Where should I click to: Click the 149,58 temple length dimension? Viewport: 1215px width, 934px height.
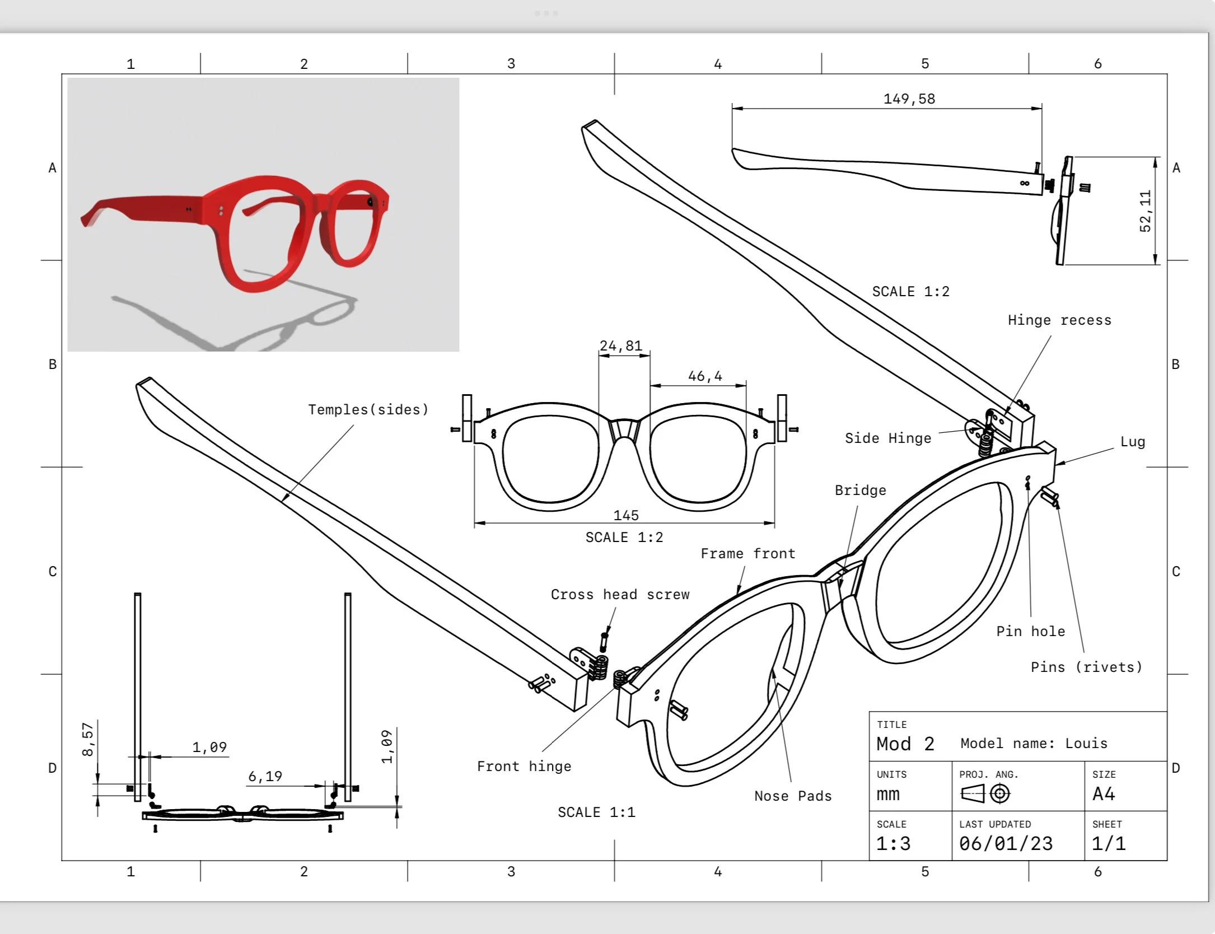click(x=909, y=99)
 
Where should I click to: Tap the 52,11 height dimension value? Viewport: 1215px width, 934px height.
click(x=1145, y=211)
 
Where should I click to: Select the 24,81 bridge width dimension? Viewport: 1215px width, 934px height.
click(x=620, y=346)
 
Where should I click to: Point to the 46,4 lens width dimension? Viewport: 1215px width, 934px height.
click(x=705, y=376)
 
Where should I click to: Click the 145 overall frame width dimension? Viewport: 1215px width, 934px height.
click(x=625, y=515)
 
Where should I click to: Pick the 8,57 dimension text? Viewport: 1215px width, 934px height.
click(x=88, y=739)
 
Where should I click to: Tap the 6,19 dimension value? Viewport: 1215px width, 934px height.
click(x=265, y=776)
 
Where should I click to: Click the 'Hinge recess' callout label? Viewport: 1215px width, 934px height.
click(x=1059, y=320)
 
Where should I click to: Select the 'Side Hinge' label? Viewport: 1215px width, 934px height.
click(x=888, y=438)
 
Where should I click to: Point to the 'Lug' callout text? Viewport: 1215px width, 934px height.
click(x=1133, y=442)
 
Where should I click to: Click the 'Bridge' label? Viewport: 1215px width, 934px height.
click(x=861, y=491)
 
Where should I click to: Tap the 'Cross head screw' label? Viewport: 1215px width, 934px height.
click(x=620, y=595)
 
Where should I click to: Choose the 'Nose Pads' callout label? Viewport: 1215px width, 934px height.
click(x=793, y=796)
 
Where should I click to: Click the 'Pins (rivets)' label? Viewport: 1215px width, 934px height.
click(x=1086, y=667)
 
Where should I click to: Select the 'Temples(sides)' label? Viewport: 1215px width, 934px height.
click(x=368, y=410)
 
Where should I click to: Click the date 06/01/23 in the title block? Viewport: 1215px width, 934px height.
click(x=1006, y=843)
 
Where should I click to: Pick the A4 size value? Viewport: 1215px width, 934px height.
click(x=1104, y=794)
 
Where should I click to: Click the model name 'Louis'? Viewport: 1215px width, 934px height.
click(x=1086, y=744)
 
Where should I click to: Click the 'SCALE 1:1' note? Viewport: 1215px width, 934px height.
click(x=596, y=812)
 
